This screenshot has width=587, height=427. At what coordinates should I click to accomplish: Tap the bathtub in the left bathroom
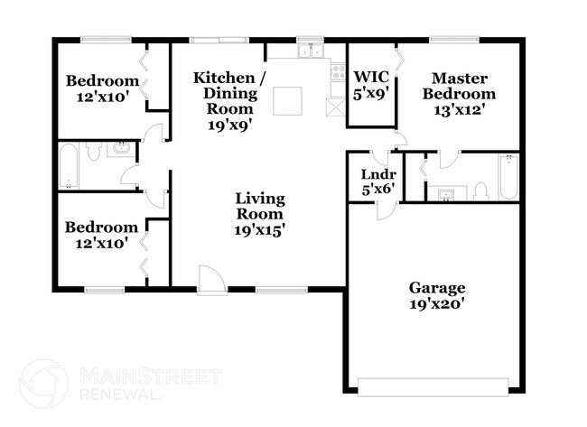[x=70, y=165]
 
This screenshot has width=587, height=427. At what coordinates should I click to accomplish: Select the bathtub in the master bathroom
[x=508, y=177]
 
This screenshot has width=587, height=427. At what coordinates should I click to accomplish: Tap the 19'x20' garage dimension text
[x=437, y=303]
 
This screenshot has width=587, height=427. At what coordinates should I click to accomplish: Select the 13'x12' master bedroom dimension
[x=461, y=110]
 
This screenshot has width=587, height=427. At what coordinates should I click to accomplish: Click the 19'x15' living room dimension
[x=260, y=229]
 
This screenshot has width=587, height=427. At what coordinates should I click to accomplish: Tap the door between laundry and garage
[x=386, y=208]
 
